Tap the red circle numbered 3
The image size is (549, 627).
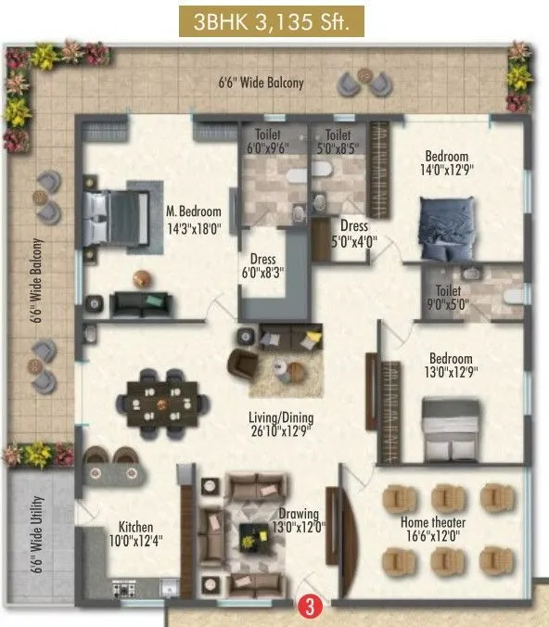305,608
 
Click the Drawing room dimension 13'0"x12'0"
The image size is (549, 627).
299,528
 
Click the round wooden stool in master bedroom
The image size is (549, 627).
141,275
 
